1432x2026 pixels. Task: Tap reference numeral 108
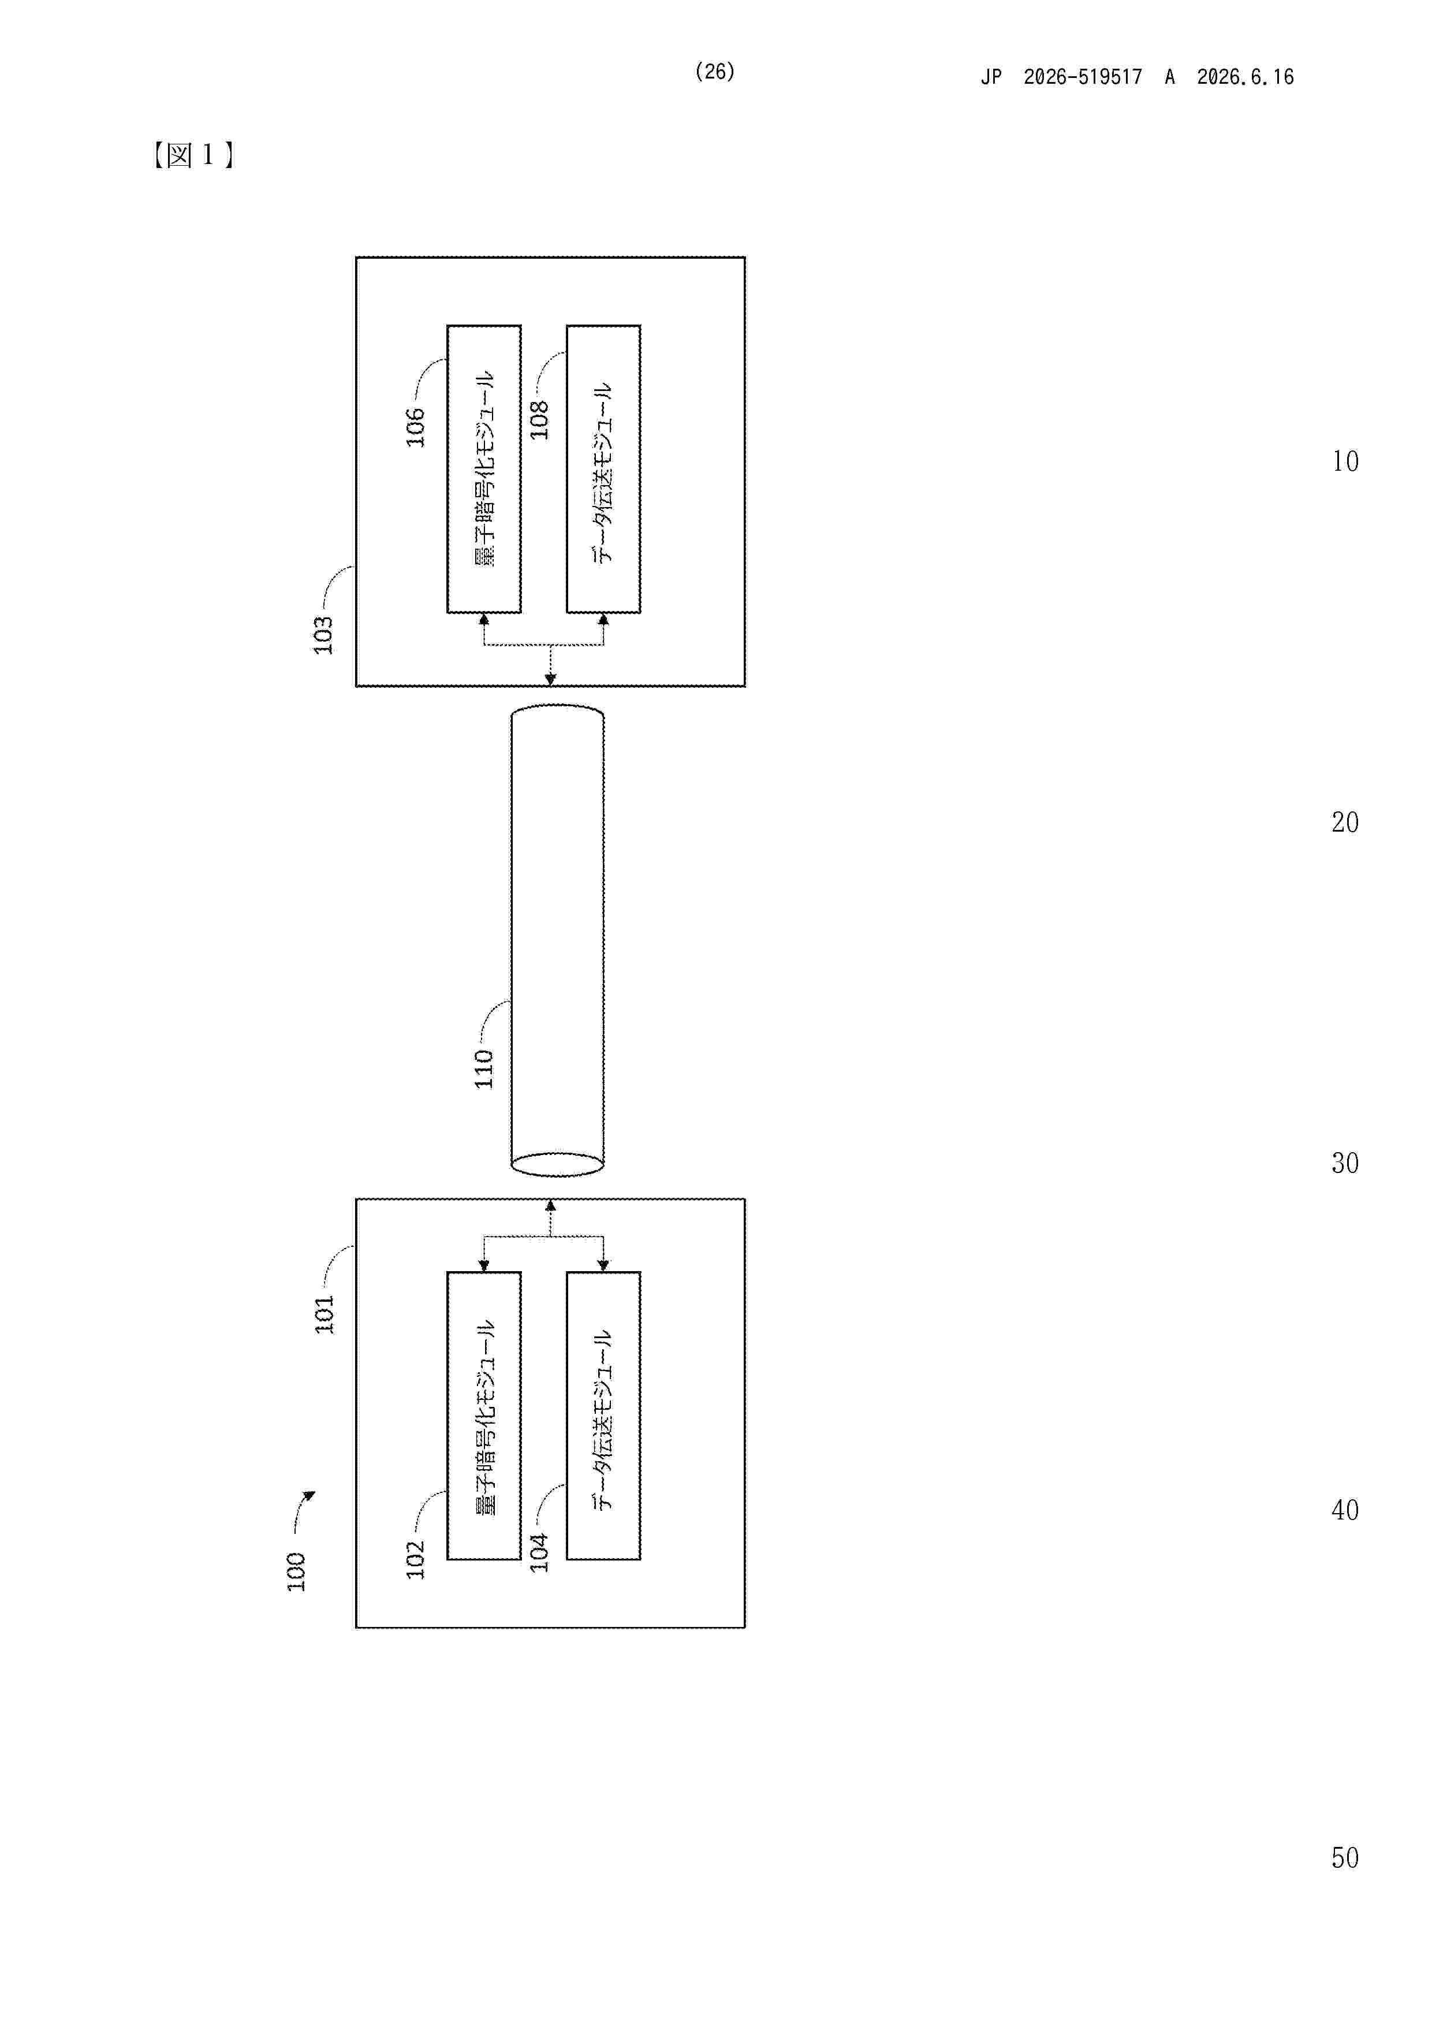pyautogui.click(x=539, y=420)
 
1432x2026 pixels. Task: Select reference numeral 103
pyautogui.click(x=324, y=635)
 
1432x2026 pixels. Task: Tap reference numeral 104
pyautogui.click(x=539, y=1552)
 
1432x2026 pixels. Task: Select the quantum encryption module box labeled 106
pyautogui.click(x=483, y=468)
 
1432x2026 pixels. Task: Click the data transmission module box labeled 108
pyautogui.click(x=603, y=468)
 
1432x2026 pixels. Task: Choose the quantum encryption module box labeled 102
pyautogui.click(x=483, y=1416)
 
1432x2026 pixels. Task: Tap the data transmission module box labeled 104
pyautogui.click(x=603, y=1416)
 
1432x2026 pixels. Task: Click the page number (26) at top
pyautogui.click(x=715, y=72)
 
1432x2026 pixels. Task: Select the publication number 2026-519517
pyautogui.click(x=1083, y=77)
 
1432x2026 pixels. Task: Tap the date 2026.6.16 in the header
pyautogui.click(x=1245, y=77)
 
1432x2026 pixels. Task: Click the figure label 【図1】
pyautogui.click(x=192, y=155)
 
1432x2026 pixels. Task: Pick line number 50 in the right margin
pyautogui.click(x=1345, y=1857)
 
